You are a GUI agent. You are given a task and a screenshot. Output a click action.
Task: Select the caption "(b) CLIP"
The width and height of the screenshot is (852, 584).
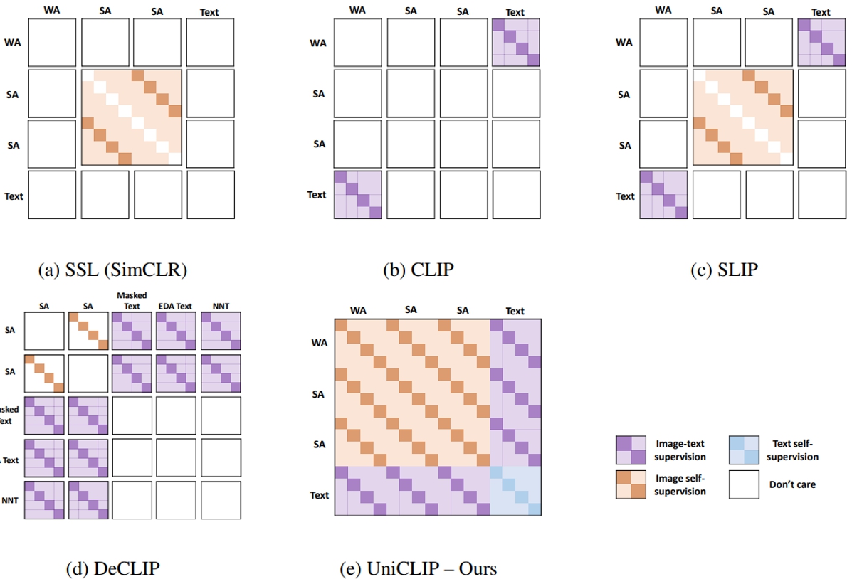coord(418,270)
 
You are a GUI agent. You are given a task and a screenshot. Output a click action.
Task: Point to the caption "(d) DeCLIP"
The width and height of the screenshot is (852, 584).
coord(112,568)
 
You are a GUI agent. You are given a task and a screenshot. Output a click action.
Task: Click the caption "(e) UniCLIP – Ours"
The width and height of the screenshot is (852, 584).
coord(419,568)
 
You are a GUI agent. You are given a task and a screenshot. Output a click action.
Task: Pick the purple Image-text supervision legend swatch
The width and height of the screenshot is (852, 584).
coord(631,450)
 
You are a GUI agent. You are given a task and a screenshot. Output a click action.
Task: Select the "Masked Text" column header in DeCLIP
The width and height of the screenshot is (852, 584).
coord(132,299)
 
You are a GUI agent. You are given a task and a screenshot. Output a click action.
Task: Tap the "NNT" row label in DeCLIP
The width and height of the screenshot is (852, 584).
coord(11,501)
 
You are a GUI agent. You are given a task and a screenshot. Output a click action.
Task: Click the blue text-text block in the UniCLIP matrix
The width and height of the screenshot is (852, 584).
coord(515,490)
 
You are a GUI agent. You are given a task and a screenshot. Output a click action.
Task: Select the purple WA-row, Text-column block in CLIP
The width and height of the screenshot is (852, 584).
coord(515,42)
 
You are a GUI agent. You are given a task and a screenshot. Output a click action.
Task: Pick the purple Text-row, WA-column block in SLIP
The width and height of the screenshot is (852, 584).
coord(663,194)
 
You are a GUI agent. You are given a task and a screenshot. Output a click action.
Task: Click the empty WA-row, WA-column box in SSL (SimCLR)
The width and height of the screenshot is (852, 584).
coord(52,42)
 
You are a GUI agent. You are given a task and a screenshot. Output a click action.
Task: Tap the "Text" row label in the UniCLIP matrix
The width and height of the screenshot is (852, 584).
coord(319,494)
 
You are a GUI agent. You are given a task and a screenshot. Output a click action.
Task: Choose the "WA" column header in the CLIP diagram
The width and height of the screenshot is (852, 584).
coord(358,11)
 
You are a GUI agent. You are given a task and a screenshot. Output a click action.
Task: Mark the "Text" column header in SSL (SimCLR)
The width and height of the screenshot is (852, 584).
coord(210,11)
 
